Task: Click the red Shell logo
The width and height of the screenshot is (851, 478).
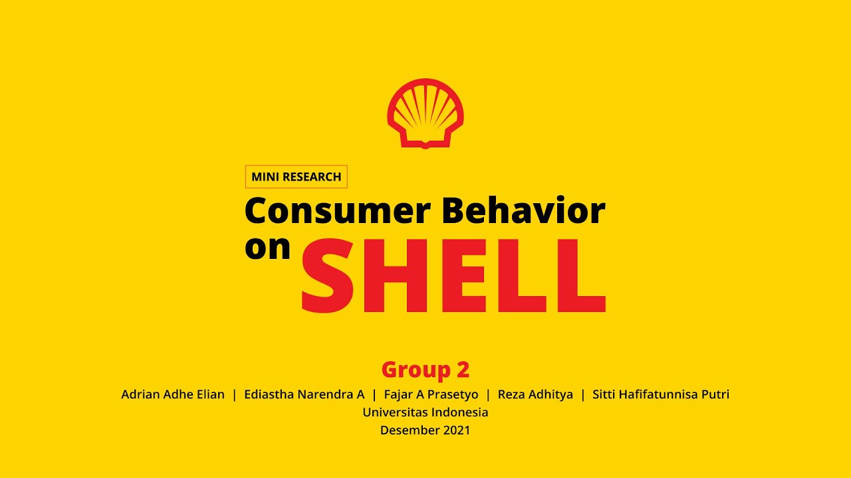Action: (x=425, y=114)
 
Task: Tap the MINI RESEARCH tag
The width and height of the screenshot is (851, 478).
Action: (x=296, y=177)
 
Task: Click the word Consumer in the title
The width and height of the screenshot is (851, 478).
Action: (x=338, y=211)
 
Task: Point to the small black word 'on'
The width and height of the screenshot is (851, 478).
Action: (x=268, y=248)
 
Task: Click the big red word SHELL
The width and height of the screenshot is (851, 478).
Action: (x=453, y=277)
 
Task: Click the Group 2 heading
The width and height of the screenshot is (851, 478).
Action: (x=425, y=369)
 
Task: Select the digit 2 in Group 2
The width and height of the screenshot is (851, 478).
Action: (x=463, y=369)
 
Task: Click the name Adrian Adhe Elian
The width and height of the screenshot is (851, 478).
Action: (x=173, y=394)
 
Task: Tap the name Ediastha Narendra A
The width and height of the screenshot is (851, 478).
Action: (x=304, y=394)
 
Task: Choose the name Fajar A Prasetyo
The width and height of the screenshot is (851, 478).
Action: (x=431, y=394)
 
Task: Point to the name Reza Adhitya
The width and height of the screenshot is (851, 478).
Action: (x=535, y=394)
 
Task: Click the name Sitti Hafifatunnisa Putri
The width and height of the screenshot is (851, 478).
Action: (x=660, y=394)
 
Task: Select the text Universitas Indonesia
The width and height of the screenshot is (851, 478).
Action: (x=425, y=412)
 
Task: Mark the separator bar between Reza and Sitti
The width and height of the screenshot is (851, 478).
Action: (x=583, y=394)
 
